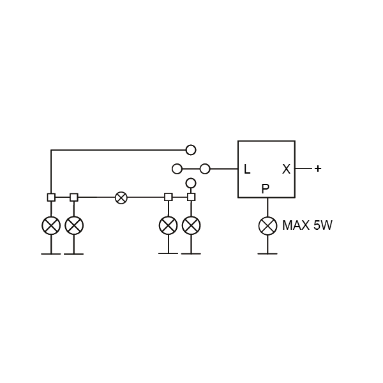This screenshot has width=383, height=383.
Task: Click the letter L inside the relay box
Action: [247, 169]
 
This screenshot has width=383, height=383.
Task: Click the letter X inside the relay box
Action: [286, 169]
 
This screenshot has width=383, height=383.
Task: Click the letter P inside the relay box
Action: [266, 188]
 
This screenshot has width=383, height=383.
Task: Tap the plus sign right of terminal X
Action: [317, 169]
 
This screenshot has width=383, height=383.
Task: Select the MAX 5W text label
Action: [307, 225]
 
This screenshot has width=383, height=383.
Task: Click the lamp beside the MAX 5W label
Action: [267, 225]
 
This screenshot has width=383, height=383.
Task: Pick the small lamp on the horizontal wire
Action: [121, 197]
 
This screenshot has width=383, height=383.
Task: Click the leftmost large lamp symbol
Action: [51, 225]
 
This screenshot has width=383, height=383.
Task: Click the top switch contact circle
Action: [191, 150]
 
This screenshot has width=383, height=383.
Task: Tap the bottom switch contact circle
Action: [191, 183]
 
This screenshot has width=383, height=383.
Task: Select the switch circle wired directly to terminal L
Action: [205, 169]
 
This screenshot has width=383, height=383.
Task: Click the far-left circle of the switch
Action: [177, 169]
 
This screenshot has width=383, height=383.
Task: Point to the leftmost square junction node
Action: [51, 197]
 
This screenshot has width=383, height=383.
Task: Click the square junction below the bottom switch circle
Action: [191, 197]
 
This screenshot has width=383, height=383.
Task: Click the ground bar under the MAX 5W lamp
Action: [267, 254]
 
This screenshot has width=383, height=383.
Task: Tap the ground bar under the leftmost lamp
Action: [51, 254]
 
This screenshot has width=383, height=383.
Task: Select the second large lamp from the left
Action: [74, 225]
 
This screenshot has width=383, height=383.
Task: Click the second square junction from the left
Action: [74, 197]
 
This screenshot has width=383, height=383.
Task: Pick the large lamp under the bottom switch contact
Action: [191, 225]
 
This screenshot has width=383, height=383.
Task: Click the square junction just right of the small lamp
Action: [169, 197]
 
